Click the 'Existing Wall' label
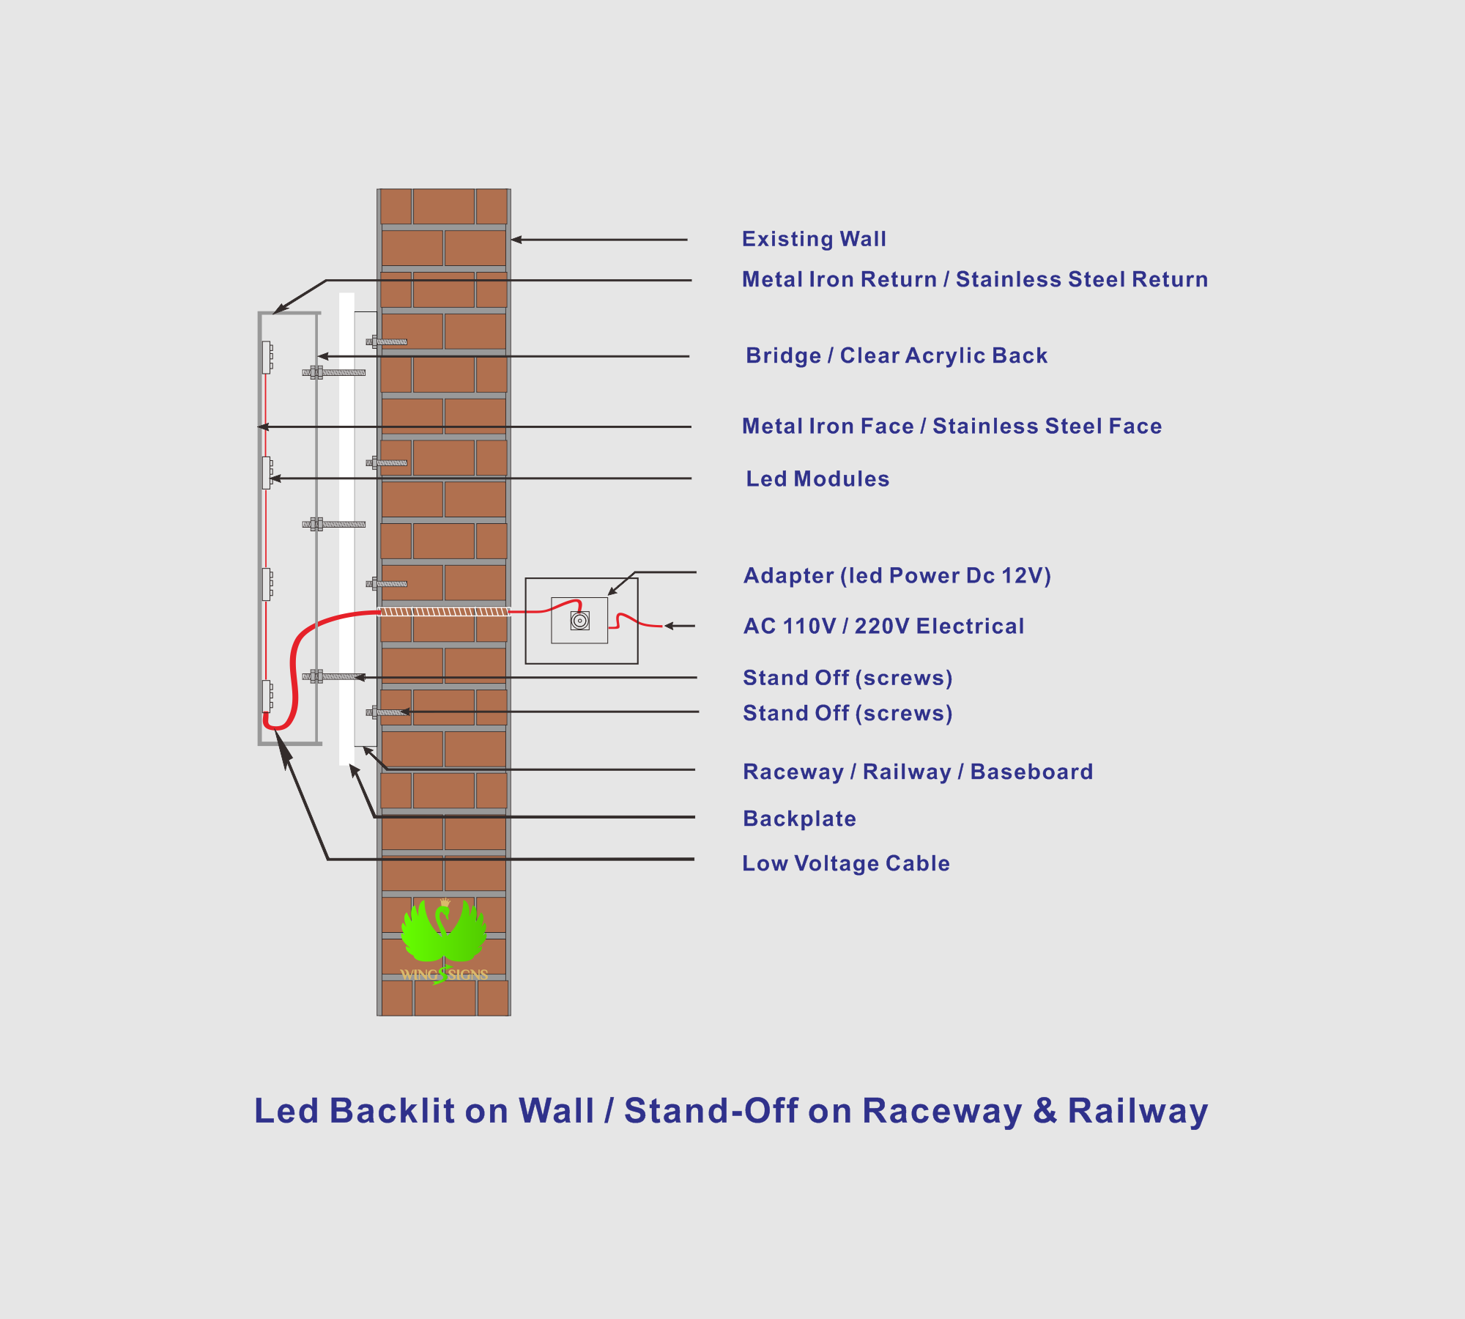[x=814, y=239]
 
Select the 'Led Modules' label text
[x=817, y=479]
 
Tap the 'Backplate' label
[x=799, y=819]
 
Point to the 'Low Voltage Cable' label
[x=846, y=863]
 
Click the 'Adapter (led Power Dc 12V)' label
[x=897, y=576]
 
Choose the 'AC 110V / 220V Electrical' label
[x=883, y=626]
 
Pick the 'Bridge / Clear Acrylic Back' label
[x=897, y=355]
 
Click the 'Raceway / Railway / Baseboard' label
[x=918, y=772]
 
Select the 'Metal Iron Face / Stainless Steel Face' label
[x=952, y=426]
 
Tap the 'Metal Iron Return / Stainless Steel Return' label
[x=975, y=279]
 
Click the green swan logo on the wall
[x=444, y=932]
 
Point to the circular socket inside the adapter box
[x=579, y=621]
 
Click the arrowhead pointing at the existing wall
[x=516, y=240]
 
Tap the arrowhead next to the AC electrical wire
[x=669, y=626]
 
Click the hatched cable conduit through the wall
[x=444, y=611]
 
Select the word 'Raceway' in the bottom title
[x=942, y=1112]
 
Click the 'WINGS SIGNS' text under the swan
[x=444, y=975]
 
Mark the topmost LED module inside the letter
[x=267, y=357]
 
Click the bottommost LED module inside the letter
[x=267, y=696]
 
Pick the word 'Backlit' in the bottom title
[x=392, y=1111]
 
